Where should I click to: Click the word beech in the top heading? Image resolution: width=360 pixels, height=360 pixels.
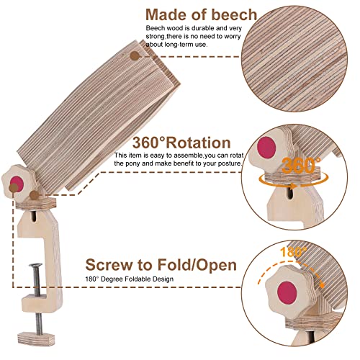tap(234, 14)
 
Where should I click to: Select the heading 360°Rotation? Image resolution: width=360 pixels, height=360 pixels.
tap(181, 143)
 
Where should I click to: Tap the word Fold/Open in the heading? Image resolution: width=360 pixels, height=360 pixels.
tap(197, 265)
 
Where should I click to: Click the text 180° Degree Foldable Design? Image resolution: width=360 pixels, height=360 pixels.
tap(130, 279)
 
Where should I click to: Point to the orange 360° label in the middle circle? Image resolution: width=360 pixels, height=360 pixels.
tap(301, 166)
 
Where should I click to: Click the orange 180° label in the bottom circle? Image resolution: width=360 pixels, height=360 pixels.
tap(293, 252)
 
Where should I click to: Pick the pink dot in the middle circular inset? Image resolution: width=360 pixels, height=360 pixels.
tap(266, 148)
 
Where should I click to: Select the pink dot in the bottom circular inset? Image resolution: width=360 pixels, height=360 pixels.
tap(287, 293)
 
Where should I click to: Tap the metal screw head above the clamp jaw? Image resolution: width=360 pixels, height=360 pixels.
tap(35, 265)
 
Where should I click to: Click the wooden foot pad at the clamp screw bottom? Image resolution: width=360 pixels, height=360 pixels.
tap(36, 338)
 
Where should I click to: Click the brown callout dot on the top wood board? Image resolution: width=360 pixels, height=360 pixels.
tap(135, 56)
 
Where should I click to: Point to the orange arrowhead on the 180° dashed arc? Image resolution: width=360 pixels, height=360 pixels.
tap(322, 285)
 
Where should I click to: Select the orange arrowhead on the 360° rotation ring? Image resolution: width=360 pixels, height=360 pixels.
tap(293, 186)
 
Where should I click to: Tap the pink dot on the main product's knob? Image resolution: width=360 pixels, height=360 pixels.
tap(17, 183)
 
